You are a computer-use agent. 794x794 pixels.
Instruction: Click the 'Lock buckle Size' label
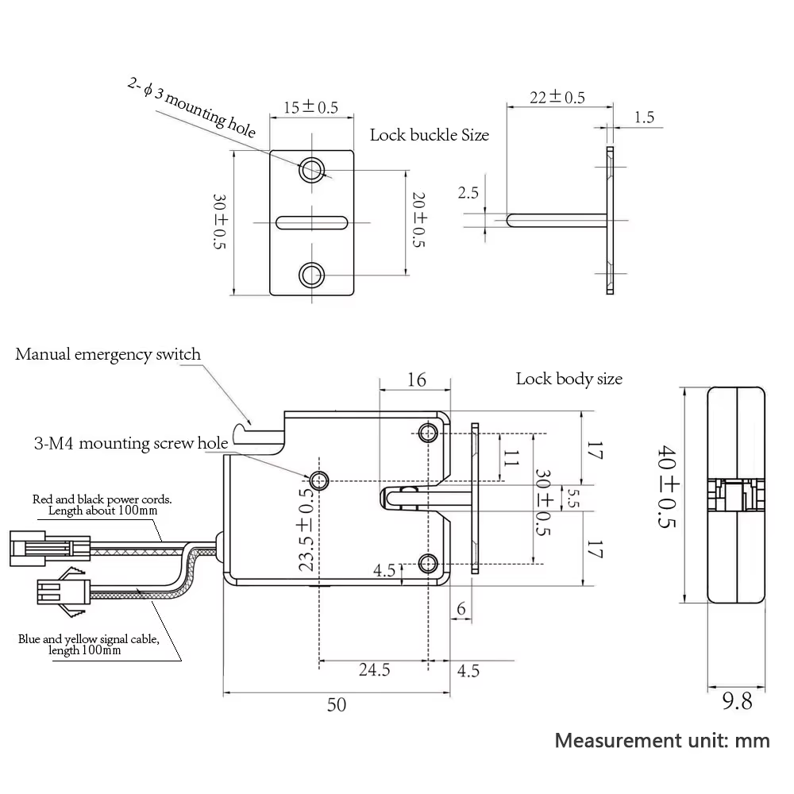pyautogui.click(x=429, y=135)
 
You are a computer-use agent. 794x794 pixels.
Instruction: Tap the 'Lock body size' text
pyautogui.click(x=569, y=379)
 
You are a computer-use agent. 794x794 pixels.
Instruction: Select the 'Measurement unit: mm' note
pyautogui.click(x=662, y=740)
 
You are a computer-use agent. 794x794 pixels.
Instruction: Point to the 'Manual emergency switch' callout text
pyautogui.click(x=108, y=354)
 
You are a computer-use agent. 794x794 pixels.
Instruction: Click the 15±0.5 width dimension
pyautogui.click(x=310, y=107)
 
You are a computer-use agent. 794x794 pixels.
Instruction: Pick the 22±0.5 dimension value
pyautogui.click(x=557, y=98)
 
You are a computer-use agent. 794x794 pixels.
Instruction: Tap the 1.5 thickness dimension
pyautogui.click(x=645, y=118)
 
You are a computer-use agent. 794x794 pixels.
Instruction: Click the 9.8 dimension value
pyautogui.click(x=736, y=702)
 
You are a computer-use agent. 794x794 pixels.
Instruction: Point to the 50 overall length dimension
pyautogui.click(x=337, y=704)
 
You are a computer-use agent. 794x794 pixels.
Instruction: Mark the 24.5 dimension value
pyautogui.click(x=374, y=670)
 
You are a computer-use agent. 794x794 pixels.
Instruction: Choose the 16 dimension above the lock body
pyautogui.click(x=416, y=380)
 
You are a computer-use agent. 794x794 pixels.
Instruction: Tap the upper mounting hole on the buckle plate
pyautogui.click(x=311, y=169)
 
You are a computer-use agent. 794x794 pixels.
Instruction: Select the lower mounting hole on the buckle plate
pyautogui.click(x=311, y=275)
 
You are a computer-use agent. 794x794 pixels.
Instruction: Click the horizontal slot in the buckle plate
pyautogui.click(x=311, y=222)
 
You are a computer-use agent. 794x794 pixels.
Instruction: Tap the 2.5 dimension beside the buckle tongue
pyautogui.click(x=468, y=193)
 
